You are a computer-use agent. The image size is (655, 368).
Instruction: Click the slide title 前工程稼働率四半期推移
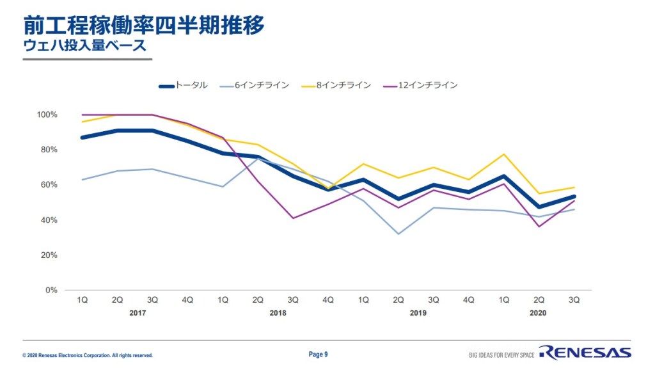144,25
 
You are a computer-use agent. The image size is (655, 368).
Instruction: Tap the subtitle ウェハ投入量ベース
84,46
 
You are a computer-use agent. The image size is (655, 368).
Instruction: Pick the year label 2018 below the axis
278,314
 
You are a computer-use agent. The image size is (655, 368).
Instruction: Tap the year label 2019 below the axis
418,314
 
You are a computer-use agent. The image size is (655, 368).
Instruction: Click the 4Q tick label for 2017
187,300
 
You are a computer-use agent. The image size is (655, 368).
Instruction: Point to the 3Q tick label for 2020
574,300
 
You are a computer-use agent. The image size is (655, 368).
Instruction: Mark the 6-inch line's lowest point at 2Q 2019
399,234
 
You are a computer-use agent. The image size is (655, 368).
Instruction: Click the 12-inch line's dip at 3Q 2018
293,218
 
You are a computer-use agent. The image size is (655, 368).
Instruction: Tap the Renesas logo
585,353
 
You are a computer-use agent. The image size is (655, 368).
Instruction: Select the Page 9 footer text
318,354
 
